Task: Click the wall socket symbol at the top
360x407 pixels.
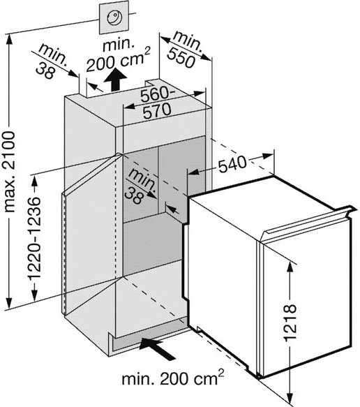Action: click(114, 17)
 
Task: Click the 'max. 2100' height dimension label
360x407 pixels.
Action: click(10, 172)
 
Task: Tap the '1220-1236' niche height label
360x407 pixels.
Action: click(34, 238)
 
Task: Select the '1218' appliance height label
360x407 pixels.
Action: click(290, 323)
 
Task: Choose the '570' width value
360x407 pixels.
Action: click(158, 111)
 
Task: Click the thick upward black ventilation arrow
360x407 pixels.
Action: click(115, 80)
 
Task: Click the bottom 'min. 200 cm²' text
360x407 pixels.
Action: click(173, 378)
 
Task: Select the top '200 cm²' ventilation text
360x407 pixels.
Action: click(118, 60)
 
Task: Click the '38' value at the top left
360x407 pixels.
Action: click(45, 71)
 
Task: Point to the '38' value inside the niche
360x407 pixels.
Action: click(134, 195)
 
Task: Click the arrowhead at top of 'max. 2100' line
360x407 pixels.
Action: click(9, 38)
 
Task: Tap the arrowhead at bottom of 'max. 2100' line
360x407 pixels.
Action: click(9, 304)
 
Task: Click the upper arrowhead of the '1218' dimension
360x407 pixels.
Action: click(290, 267)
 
